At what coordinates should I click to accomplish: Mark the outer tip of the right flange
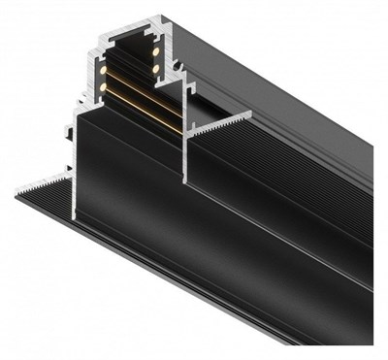coord(250,113)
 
